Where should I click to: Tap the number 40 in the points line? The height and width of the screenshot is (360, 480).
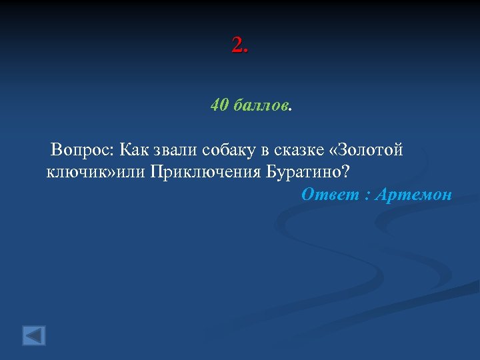click(x=219, y=105)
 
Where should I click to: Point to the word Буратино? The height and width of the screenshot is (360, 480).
click(x=303, y=171)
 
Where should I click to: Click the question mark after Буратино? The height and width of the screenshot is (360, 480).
click(x=344, y=171)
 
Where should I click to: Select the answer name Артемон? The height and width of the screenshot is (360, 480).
click(x=413, y=195)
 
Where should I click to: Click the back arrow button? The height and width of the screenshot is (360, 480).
click(x=34, y=335)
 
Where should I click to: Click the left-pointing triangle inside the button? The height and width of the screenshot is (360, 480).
click(x=33, y=335)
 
